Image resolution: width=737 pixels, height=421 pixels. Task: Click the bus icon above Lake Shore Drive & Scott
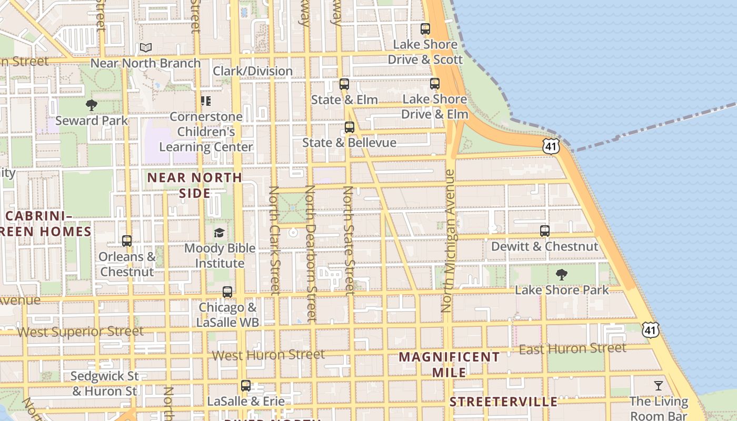425,29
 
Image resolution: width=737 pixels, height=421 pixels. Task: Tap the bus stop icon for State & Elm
344,84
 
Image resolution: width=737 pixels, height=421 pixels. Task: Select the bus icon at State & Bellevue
350,127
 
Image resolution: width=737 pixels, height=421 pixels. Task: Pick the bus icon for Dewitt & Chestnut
545,230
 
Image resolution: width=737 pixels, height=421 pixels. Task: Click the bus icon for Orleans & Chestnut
127,241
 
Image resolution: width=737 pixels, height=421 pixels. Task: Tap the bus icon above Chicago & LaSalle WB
227,292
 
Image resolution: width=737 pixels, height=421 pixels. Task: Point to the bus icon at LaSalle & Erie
246,386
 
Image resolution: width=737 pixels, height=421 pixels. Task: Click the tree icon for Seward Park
92,105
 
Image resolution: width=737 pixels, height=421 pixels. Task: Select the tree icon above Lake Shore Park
562,274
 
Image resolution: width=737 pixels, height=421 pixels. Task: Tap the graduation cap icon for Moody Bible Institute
219,233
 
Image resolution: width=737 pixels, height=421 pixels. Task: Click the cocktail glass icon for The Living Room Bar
659,386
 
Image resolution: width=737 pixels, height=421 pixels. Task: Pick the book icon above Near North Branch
146,48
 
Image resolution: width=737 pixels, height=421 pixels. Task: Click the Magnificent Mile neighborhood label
449,364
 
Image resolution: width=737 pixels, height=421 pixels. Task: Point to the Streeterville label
503,402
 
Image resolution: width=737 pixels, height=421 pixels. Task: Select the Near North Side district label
195,185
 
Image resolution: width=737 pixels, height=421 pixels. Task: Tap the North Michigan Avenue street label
449,240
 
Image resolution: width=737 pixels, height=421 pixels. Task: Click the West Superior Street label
81,332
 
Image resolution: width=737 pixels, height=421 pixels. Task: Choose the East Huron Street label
573,348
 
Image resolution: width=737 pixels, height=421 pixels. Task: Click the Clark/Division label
253,71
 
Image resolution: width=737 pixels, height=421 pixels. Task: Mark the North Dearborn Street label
310,253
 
